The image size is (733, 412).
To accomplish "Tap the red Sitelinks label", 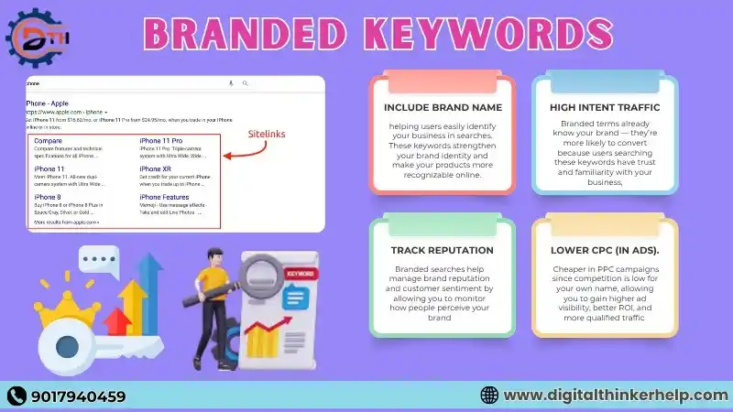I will point(267,134).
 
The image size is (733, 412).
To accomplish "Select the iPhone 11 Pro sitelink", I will point(161,141).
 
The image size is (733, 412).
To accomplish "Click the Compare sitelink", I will point(48,141).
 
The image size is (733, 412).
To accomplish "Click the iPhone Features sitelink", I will point(166,197).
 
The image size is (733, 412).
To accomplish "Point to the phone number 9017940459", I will point(77,396).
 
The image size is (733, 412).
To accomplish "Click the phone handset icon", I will point(17,396).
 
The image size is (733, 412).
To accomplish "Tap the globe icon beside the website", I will point(489,396).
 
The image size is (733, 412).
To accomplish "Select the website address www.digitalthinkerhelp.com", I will point(614,396).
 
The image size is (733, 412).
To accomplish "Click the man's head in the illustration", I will point(213,259).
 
